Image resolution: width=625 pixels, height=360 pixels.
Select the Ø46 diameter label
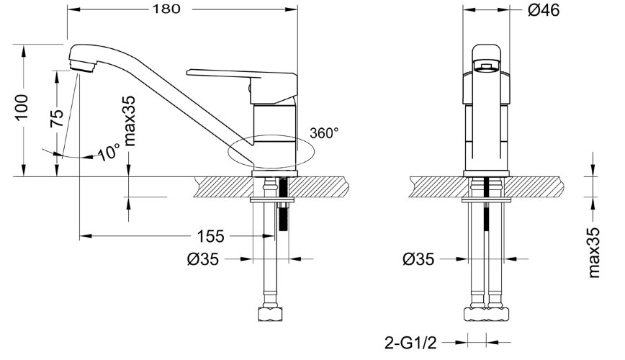tap(544, 10)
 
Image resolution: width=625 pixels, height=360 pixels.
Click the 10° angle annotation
tap(109, 152)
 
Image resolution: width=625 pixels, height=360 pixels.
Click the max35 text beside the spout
tap(130, 121)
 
